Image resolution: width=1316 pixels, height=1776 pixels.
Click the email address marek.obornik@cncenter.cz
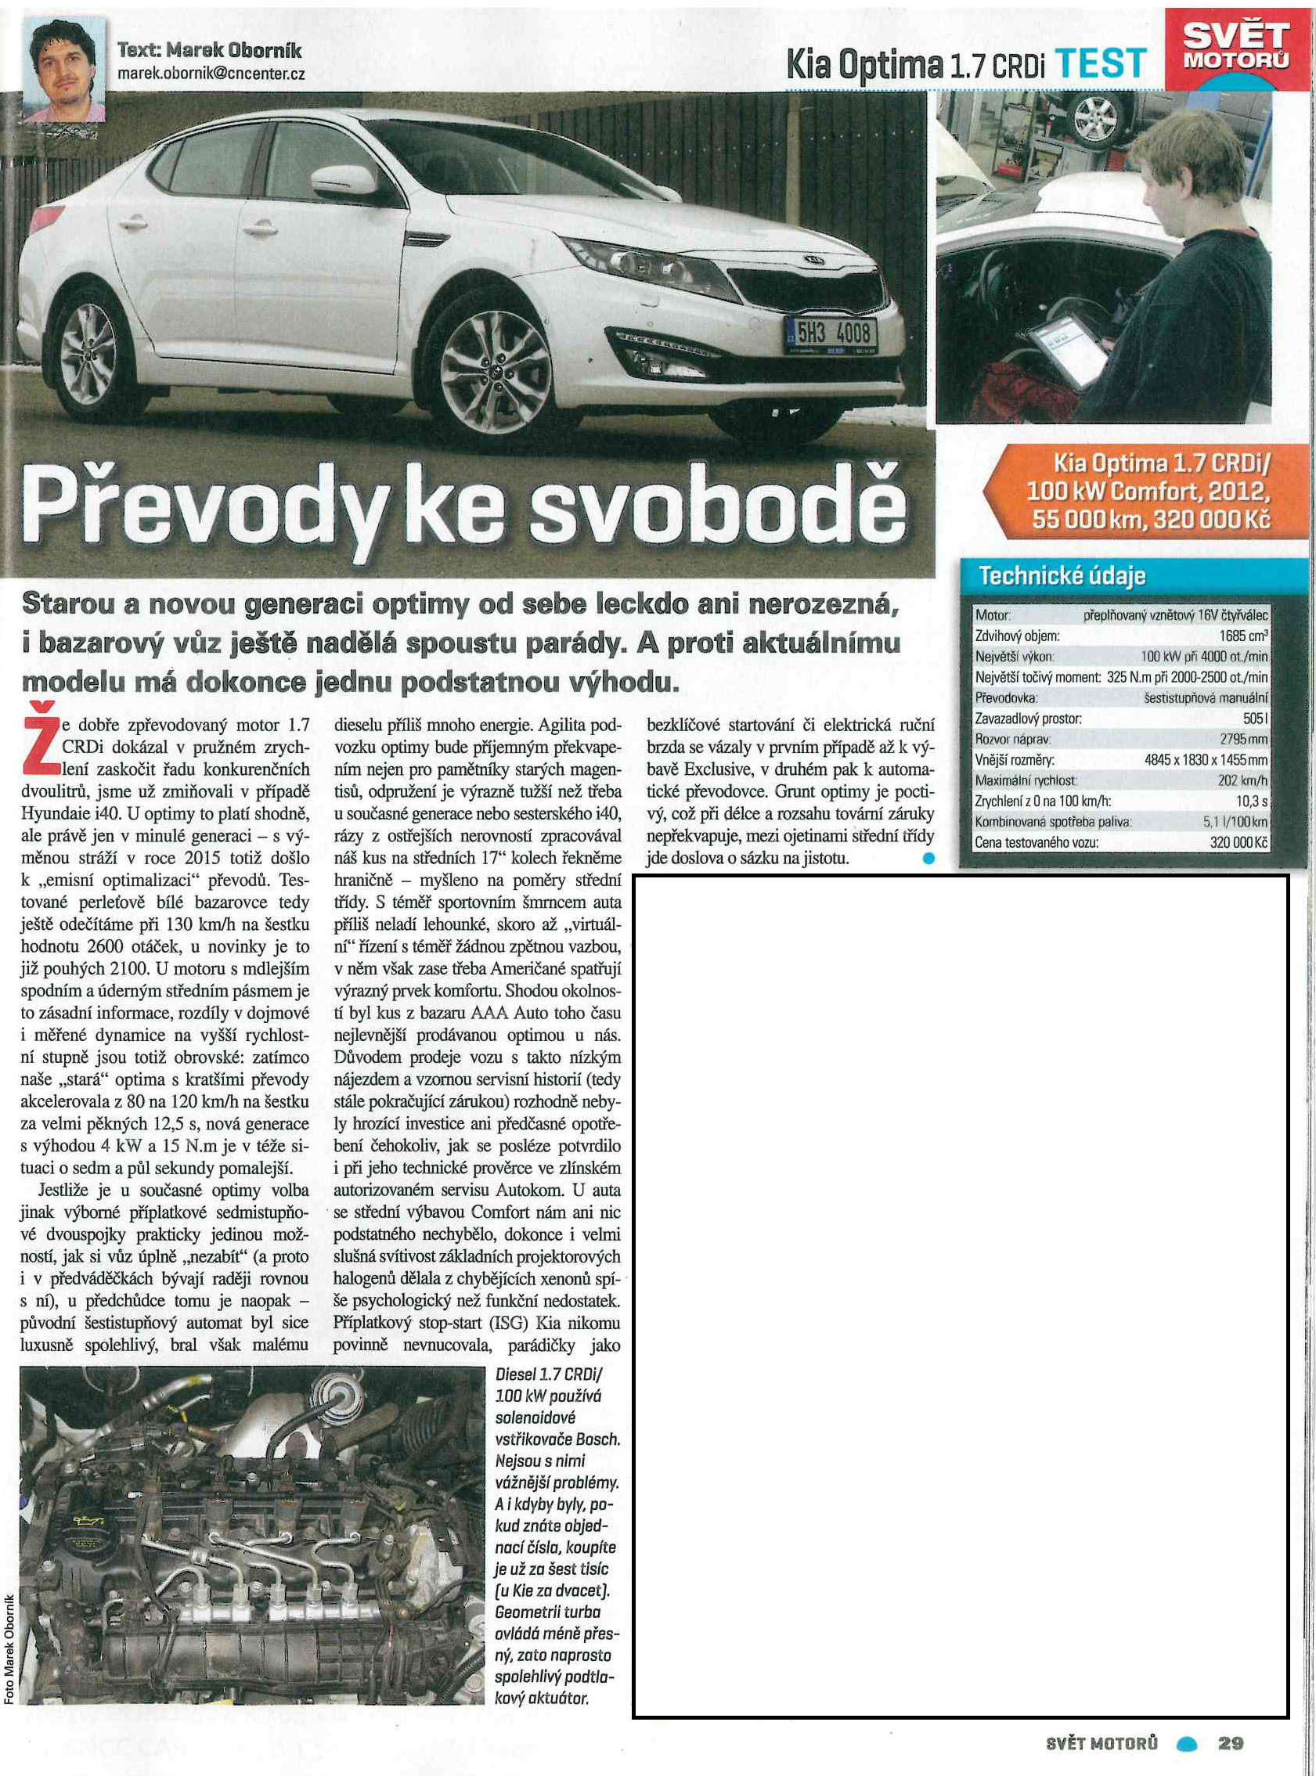tap(211, 74)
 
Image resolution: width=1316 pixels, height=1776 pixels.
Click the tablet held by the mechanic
tap(1063, 349)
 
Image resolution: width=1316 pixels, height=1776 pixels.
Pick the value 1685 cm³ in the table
tap(1243, 636)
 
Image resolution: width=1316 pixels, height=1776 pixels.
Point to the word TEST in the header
tap(1105, 63)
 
